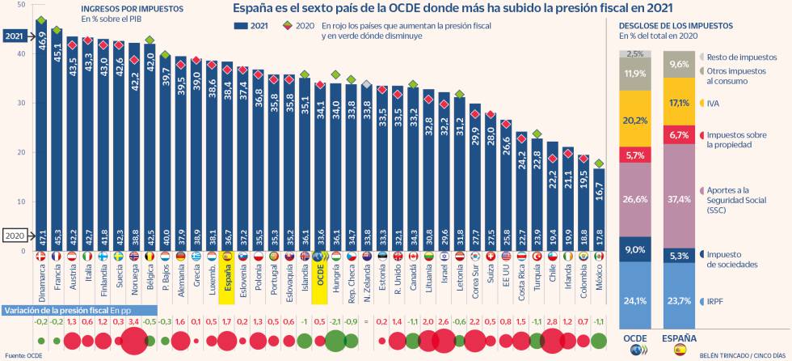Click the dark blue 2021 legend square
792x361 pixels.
pyautogui.click(x=238, y=26)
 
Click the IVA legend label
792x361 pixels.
pyautogui.click(x=714, y=104)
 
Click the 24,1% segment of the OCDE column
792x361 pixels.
pyautogui.click(x=635, y=300)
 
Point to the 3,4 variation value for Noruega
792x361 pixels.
pyautogui.click(x=135, y=321)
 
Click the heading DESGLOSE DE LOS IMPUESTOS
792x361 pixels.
pyautogui.click(x=670, y=24)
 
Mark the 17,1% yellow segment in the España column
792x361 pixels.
pyautogui.click(x=680, y=103)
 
